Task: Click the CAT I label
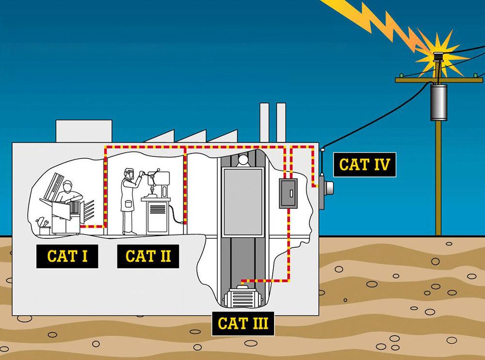67,256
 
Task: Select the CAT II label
148,256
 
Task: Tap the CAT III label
243,324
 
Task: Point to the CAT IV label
364,165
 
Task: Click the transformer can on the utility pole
438,102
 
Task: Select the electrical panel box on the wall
288,193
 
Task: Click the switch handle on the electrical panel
291,193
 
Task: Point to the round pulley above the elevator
243,160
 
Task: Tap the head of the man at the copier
67,187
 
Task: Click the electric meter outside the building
326,188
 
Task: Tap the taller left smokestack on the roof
264,123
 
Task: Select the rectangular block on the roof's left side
84,131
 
